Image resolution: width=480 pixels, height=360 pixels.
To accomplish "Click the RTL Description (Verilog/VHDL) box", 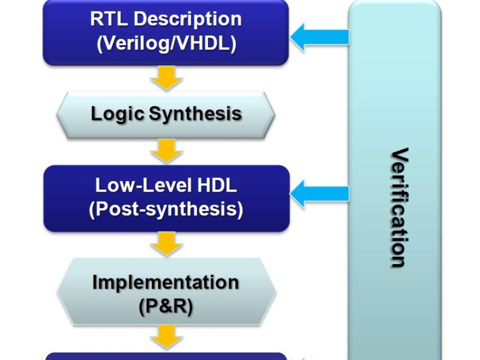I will point(166,32).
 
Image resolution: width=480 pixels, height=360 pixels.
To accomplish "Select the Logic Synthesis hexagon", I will point(166,114).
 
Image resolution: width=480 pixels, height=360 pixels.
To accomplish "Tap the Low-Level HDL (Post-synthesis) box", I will point(166,198).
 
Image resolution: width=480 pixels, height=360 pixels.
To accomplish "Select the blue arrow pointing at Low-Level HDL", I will point(320,193).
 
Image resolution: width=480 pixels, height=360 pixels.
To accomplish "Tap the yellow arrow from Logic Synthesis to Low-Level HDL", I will point(166,151).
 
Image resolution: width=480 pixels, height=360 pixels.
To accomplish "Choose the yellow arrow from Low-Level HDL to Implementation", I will point(166,244).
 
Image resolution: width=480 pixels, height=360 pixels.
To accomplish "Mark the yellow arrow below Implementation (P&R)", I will point(166,337).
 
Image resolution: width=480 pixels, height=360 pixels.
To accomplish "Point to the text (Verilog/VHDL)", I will point(166,44).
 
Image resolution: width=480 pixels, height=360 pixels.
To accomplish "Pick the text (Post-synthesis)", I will point(166,210).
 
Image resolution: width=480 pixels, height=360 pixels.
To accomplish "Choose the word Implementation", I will point(166,281).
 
